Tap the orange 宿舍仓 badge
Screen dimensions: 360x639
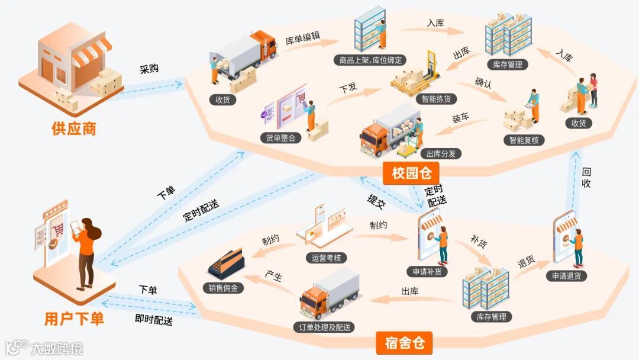click(x=405, y=343)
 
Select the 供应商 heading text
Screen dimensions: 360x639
click(x=73, y=128)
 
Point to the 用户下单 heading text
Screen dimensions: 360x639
click(x=74, y=319)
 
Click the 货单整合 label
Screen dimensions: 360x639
click(x=281, y=138)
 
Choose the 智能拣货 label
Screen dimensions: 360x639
click(x=436, y=99)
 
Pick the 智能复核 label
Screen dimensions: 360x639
click(x=524, y=140)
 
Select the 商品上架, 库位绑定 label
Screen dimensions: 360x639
click(x=370, y=60)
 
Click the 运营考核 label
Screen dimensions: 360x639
click(x=327, y=258)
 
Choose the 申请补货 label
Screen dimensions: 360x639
click(x=427, y=272)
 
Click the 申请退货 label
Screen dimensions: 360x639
click(x=566, y=276)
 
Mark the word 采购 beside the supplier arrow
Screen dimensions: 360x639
click(x=149, y=69)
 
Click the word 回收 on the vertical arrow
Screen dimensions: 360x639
click(x=586, y=178)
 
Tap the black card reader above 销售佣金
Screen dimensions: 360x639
click(x=226, y=264)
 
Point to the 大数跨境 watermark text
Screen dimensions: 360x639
click(x=57, y=348)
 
